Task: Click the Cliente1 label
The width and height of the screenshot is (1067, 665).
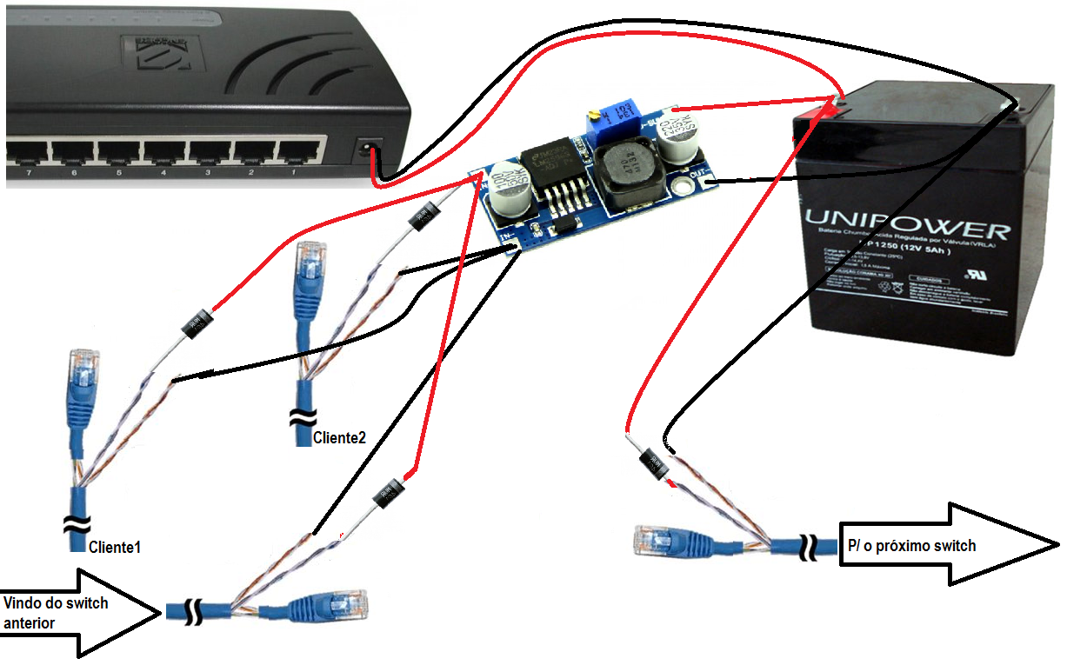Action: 114,547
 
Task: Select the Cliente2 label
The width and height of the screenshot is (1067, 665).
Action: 338,438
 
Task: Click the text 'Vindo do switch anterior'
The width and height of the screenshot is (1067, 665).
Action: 56,613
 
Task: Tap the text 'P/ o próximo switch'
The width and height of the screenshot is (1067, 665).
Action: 911,546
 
